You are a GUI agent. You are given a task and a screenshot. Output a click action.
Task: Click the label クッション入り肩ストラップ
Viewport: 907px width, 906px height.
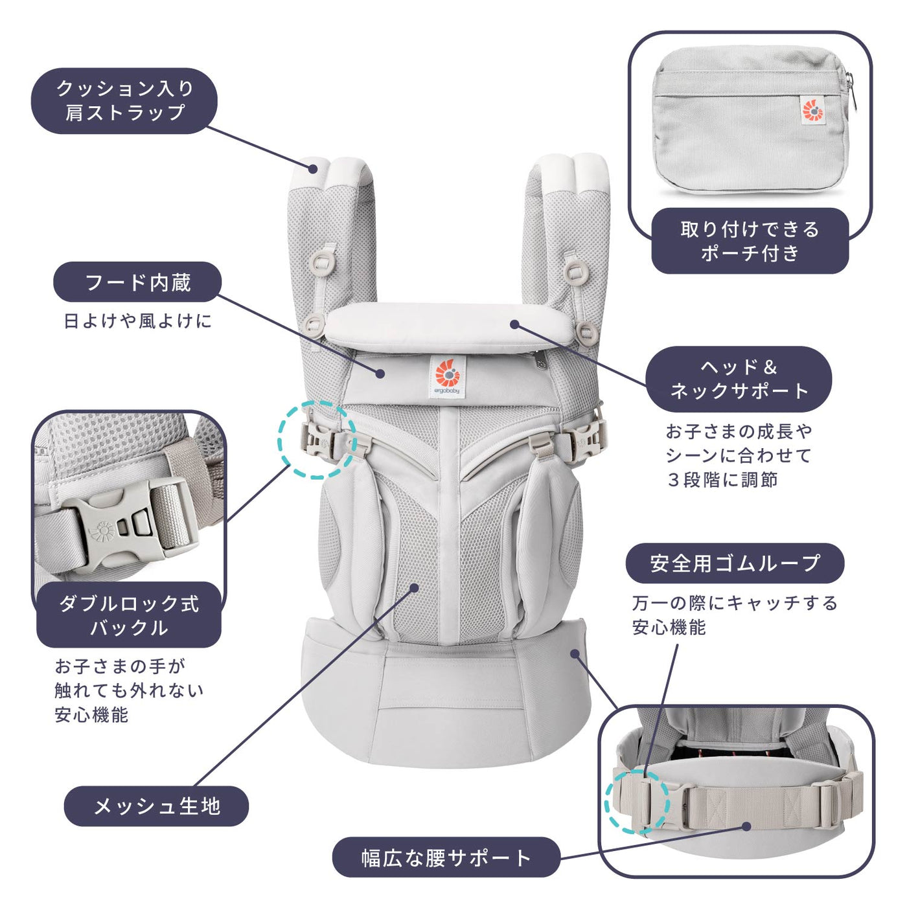(x=124, y=101)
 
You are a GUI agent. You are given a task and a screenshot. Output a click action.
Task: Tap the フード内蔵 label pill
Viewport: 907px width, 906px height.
(x=137, y=282)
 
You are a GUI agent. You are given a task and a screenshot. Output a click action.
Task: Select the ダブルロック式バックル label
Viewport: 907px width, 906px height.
(x=129, y=615)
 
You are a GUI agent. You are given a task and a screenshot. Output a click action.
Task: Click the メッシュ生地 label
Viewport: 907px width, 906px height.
(x=156, y=806)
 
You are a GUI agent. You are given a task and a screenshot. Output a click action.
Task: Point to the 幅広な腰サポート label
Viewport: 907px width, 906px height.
(x=446, y=858)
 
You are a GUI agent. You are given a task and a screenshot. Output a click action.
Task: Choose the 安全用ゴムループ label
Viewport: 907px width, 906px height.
(x=735, y=563)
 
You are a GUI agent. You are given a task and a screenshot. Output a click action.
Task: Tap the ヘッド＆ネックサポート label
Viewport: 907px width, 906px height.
(x=739, y=379)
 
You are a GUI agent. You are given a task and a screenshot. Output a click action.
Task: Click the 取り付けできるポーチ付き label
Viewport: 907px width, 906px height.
(x=750, y=241)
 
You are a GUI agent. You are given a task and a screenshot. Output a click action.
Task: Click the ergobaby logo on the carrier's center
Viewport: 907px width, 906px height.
(x=447, y=377)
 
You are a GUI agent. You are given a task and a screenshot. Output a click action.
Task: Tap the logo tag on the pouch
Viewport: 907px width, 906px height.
(x=812, y=109)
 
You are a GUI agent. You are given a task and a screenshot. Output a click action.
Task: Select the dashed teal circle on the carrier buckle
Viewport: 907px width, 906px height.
(x=317, y=440)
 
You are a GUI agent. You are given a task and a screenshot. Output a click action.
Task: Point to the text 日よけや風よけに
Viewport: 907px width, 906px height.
(x=137, y=321)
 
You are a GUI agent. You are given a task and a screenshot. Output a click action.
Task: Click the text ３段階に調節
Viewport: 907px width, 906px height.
(x=722, y=480)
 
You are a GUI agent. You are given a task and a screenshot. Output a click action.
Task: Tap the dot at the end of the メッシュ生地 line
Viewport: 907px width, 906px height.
(x=415, y=587)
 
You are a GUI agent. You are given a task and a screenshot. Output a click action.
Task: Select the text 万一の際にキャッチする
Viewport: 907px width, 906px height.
(x=735, y=603)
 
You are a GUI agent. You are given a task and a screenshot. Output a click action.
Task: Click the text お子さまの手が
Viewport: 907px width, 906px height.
(x=120, y=666)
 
